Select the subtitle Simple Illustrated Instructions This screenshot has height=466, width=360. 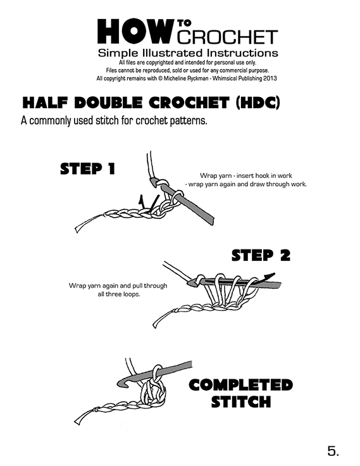click(188, 53)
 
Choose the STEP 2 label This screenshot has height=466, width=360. click(261, 256)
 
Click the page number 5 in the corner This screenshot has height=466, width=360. click(333, 451)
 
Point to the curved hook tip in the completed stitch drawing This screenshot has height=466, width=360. click(121, 383)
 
